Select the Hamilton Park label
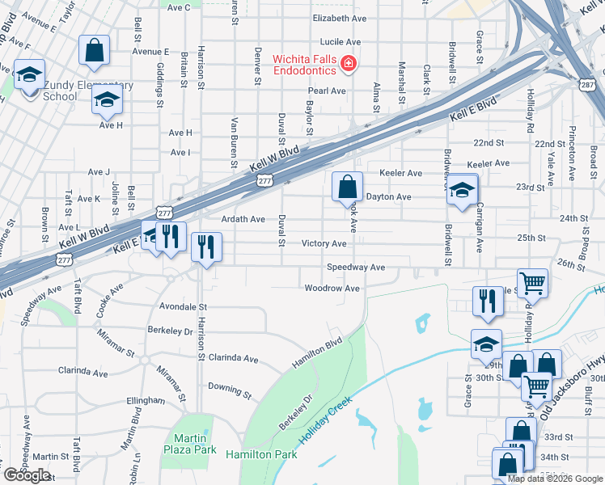point(261,455)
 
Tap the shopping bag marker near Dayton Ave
point(347,187)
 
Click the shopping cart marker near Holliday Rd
point(533,283)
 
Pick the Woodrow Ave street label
point(332,289)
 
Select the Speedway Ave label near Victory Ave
point(355,268)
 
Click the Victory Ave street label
point(324,243)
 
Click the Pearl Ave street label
point(327,91)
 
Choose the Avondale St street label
point(184,307)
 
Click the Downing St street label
point(230,390)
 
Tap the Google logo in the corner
point(27,475)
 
